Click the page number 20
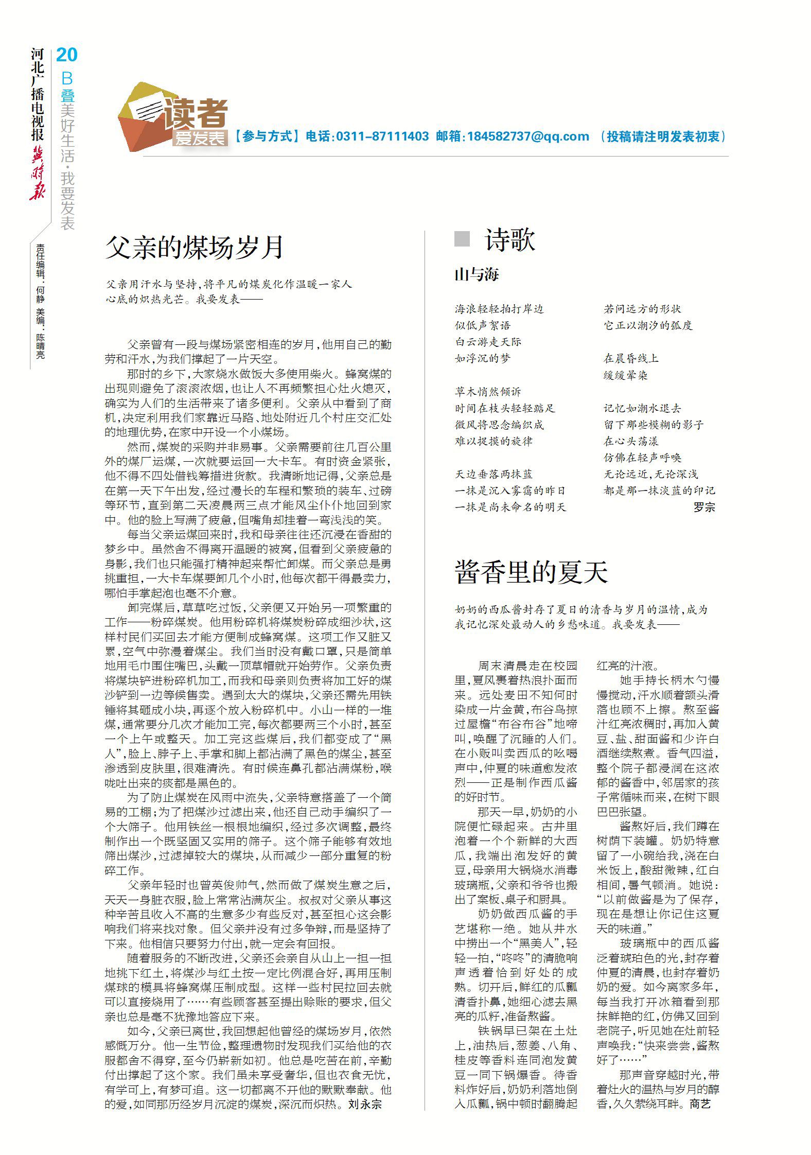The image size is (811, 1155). click(66, 55)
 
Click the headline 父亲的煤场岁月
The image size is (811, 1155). click(195, 247)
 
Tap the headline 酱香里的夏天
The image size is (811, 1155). click(531, 572)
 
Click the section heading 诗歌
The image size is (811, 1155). click(509, 240)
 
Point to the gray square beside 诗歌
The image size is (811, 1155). click(462, 239)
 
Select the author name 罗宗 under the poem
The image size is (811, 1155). click(704, 507)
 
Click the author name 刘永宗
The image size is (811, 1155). click(365, 1104)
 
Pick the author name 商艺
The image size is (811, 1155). click(700, 1104)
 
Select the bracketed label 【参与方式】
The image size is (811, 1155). click(267, 136)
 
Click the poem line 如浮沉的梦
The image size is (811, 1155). click(483, 358)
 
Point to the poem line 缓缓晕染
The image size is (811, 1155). click(625, 375)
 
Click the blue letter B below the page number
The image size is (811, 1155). click(67, 78)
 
